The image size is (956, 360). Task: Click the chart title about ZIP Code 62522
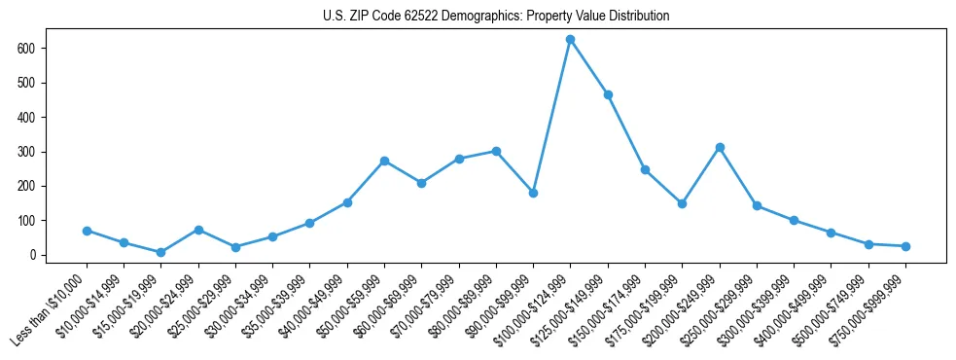(496, 17)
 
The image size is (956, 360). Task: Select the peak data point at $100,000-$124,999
(571, 39)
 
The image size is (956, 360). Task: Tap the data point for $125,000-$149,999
(608, 94)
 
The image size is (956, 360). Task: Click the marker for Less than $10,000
(87, 231)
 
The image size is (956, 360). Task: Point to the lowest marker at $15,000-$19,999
(160, 252)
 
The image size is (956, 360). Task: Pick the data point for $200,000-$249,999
(720, 147)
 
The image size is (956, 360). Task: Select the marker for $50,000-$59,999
(384, 161)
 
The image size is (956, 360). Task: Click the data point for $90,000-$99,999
(533, 193)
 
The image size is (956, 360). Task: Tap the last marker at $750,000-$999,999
(905, 246)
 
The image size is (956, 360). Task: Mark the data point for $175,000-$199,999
(682, 203)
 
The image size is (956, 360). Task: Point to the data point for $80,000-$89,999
(496, 151)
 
